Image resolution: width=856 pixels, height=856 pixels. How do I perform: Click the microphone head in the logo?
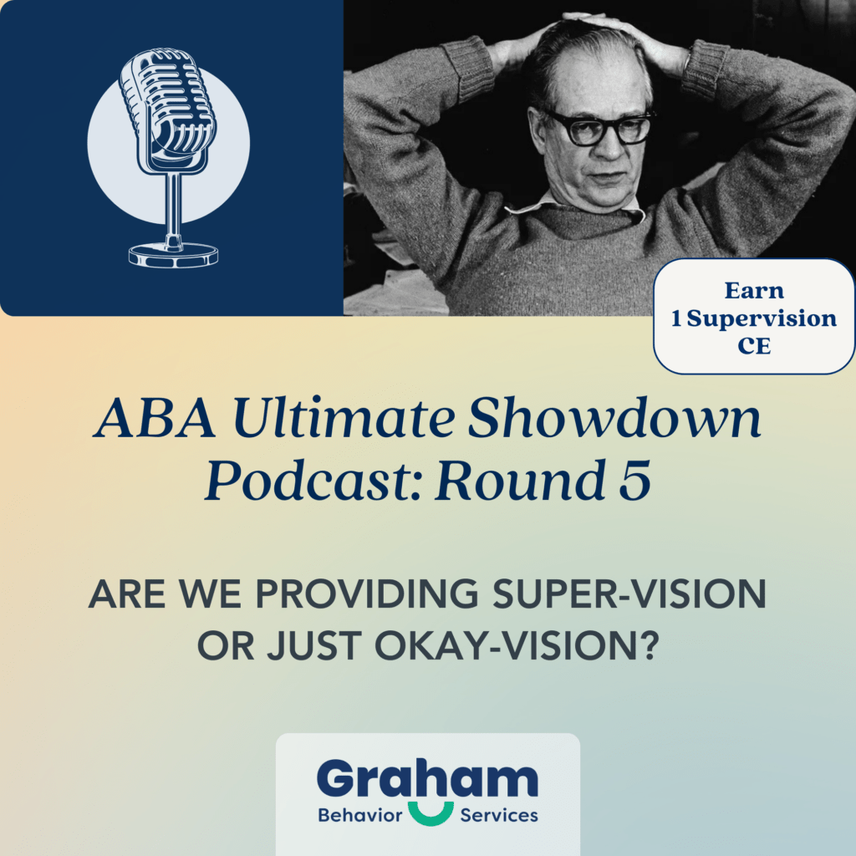coord(166,109)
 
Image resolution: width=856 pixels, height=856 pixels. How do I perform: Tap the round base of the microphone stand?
coord(173,254)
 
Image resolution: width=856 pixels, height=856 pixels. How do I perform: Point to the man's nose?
coord(603,150)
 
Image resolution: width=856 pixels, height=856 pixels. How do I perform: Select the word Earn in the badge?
coord(754,291)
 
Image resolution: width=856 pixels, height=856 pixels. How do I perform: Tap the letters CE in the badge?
coord(754,346)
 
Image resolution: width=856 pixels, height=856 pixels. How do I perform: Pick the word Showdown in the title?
coord(614,420)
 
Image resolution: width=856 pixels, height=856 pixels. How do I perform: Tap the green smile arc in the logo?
coord(432,812)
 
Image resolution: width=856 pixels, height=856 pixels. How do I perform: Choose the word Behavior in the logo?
coord(361,815)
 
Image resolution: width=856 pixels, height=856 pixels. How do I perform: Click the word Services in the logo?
coord(499,815)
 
